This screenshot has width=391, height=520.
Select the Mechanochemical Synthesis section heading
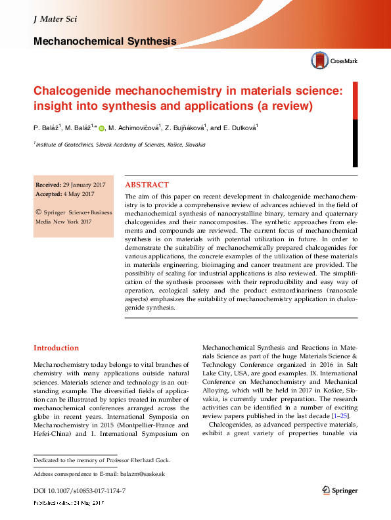(104, 41)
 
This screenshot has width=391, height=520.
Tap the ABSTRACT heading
(147, 185)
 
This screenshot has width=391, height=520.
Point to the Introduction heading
(57, 348)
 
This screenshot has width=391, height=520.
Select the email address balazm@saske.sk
(142, 474)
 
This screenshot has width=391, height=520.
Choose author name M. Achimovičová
(135, 128)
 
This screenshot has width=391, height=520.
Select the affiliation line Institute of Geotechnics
(120, 144)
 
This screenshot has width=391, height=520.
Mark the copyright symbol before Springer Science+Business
(38, 212)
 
